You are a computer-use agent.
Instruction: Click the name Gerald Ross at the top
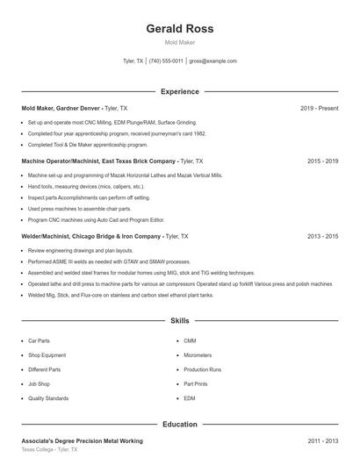[x=179, y=28]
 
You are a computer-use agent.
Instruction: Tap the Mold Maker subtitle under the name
[x=179, y=42]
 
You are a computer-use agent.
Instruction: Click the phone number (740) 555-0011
[x=166, y=61]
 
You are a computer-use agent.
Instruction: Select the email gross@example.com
[x=213, y=61]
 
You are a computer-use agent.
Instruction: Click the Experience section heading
[x=179, y=91]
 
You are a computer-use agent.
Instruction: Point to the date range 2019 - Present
[x=319, y=108]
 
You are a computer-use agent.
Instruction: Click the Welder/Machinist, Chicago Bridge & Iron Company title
[x=90, y=236]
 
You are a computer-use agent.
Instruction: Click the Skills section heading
[x=179, y=322]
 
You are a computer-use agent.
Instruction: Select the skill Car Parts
[x=39, y=340]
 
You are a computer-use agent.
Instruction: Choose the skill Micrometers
[x=198, y=355]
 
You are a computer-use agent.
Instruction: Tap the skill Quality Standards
[x=47, y=398]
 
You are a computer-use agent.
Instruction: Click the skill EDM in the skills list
[x=190, y=398]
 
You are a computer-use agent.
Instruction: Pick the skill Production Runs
[x=202, y=369]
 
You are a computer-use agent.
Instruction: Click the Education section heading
[x=179, y=424]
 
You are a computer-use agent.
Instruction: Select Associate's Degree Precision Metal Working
[x=82, y=440]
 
